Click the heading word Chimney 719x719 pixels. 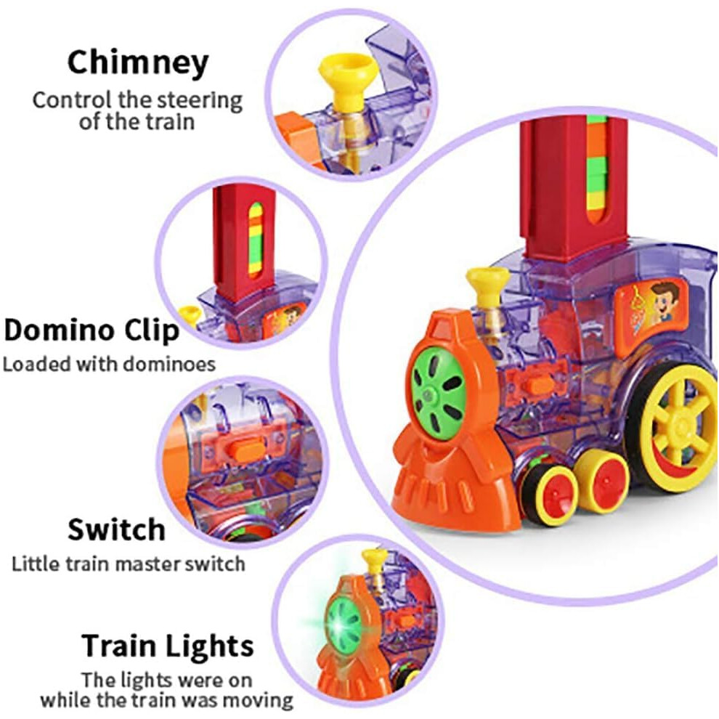pyautogui.click(x=138, y=63)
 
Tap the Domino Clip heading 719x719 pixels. pyautogui.click(x=92, y=330)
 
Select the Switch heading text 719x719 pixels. pyautogui.click(x=116, y=529)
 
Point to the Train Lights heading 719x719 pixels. pyautogui.click(x=167, y=646)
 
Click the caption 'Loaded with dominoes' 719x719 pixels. pyautogui.click(x=109, y=364)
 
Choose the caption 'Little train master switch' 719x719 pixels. pyautogui.click(x=128, y=564)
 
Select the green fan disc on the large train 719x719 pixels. pyautogui.click(x=438, y=394)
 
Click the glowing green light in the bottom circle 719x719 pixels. pyautogui.click(x=344, y=626)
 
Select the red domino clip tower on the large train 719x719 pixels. pyautogui.click(x=573, y=188)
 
